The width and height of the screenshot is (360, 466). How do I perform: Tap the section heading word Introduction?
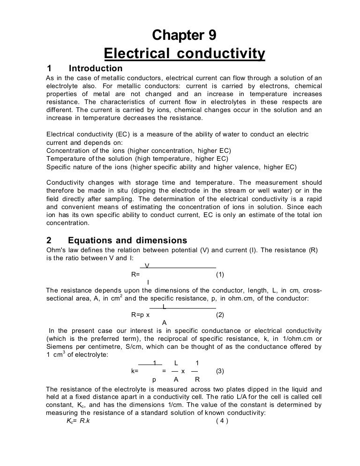point(95,69)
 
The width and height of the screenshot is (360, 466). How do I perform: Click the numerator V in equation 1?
point(147,266)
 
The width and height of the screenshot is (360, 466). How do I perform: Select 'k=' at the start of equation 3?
point(135,371)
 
